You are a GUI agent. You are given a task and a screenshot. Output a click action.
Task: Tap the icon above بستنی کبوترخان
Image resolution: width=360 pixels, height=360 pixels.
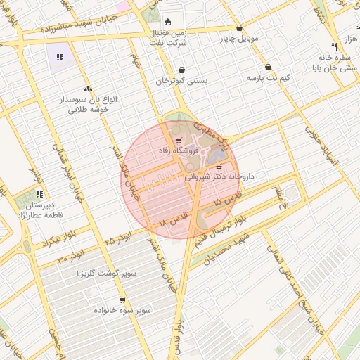[x=183, y=70]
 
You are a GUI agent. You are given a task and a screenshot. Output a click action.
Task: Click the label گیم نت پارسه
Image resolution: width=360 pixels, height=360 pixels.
[x=269, y=77]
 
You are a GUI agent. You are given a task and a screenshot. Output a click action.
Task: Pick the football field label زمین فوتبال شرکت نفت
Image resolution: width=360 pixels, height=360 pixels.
[x=167, y=37]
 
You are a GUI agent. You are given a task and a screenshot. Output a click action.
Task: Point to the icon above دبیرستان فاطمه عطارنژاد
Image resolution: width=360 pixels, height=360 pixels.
[x=40, y=194]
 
